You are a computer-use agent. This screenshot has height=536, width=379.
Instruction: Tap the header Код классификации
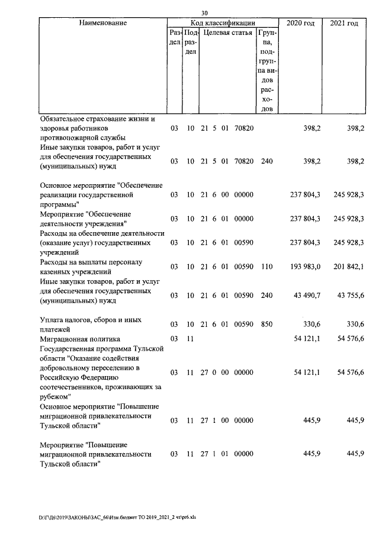pyautogui.click(x=223, y=23)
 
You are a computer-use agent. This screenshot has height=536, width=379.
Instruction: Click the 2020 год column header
pyautogui.click(x=300, y=23)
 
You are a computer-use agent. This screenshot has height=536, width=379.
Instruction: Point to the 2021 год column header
pyautogui.click(x=343, y=23)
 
